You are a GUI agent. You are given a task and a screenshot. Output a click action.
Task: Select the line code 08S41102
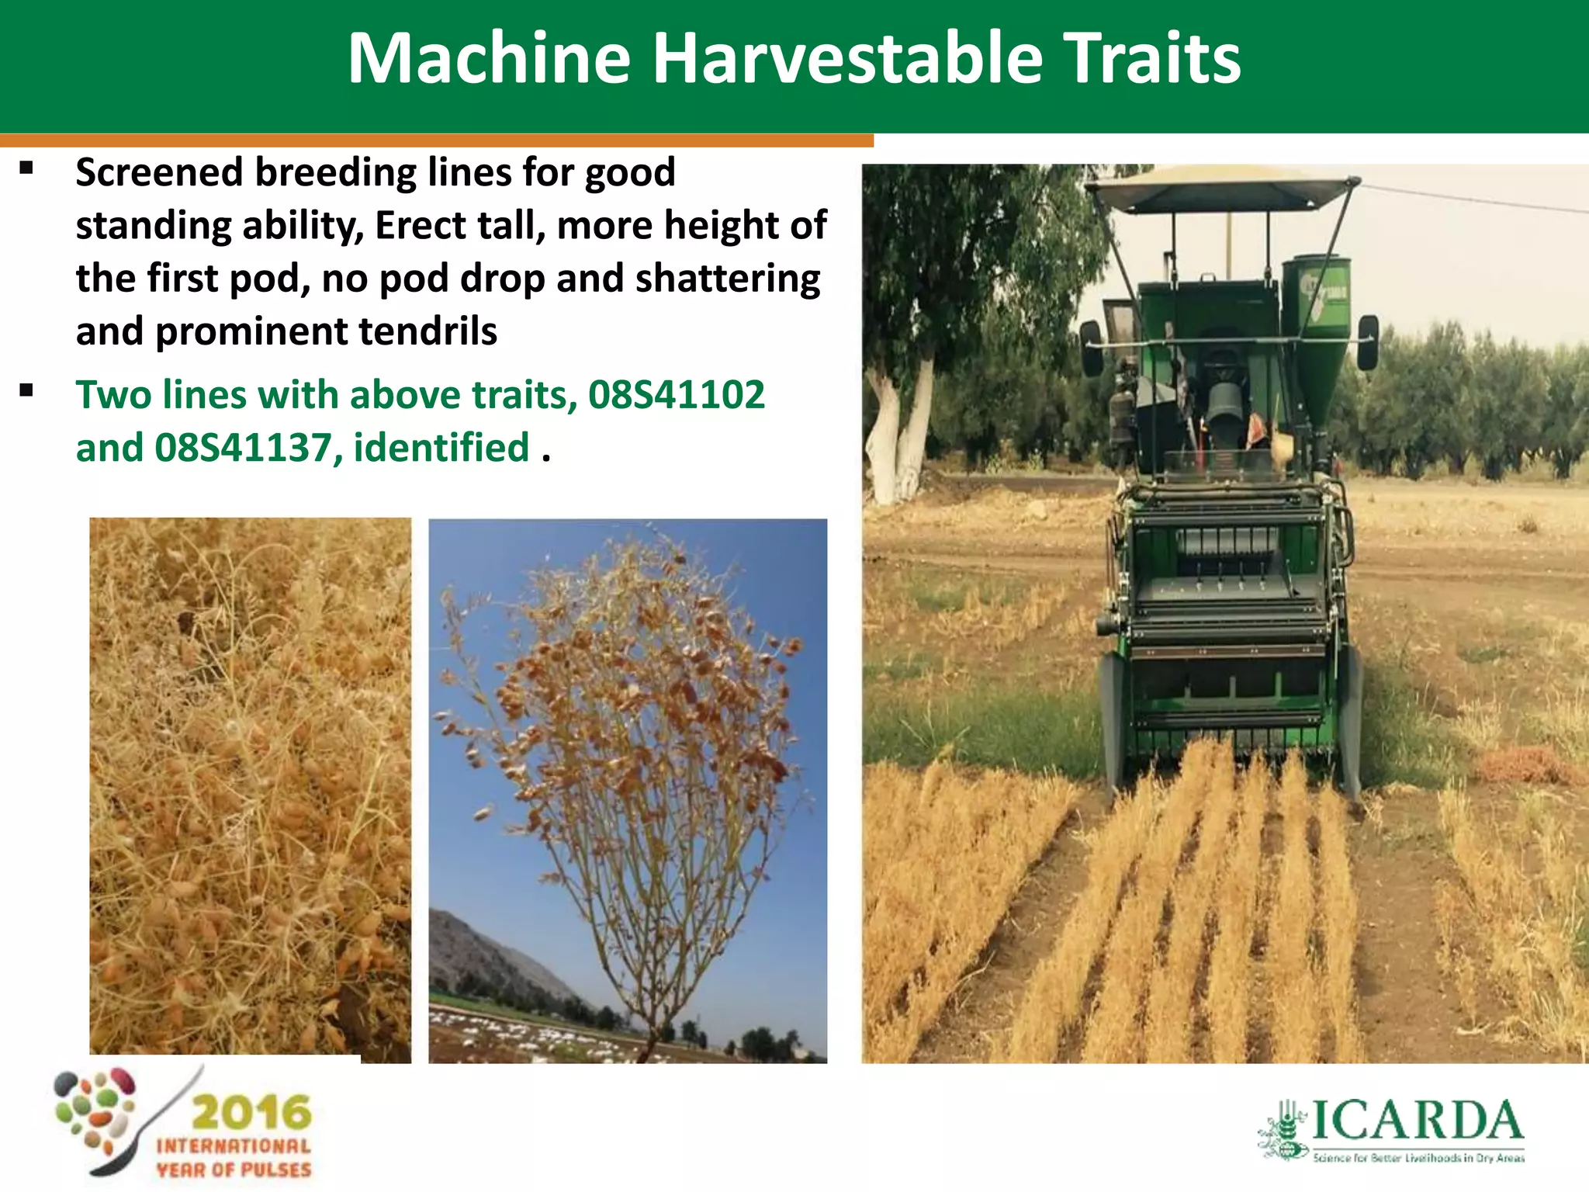pos(676,394)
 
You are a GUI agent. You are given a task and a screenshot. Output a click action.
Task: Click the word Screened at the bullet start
pos(159,172)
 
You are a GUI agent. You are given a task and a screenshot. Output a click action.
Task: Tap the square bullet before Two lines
pos(27,390)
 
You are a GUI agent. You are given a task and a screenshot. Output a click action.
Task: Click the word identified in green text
pos(441,448)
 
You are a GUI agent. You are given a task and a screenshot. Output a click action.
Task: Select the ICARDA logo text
pos(1416,1122)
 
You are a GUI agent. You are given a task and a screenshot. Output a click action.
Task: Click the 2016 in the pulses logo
pos(251,1113)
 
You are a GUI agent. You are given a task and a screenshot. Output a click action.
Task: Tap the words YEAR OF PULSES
pos(234,1169)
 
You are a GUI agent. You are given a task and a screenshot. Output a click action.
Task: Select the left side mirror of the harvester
pos(1090,348)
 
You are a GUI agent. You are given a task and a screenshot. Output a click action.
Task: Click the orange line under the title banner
pos(434,140)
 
